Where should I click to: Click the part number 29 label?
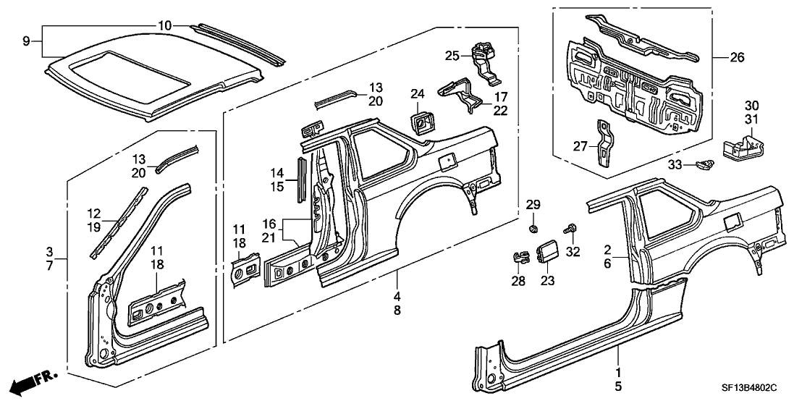pyautogui.click(x=533, y=206)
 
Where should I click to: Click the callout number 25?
pyautogui.click(x=452, y=55)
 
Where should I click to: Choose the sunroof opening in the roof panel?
pyautogui.click(x=124, y=75)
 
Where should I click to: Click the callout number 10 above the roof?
pyautogui.click(x=165, y=26)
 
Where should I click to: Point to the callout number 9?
pyautogui.click(x=26, y=41)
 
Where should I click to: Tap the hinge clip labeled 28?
pyautogui.click(x=520, y=256)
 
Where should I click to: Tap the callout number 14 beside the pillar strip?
pyautogui.click(x=278, y=173)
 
